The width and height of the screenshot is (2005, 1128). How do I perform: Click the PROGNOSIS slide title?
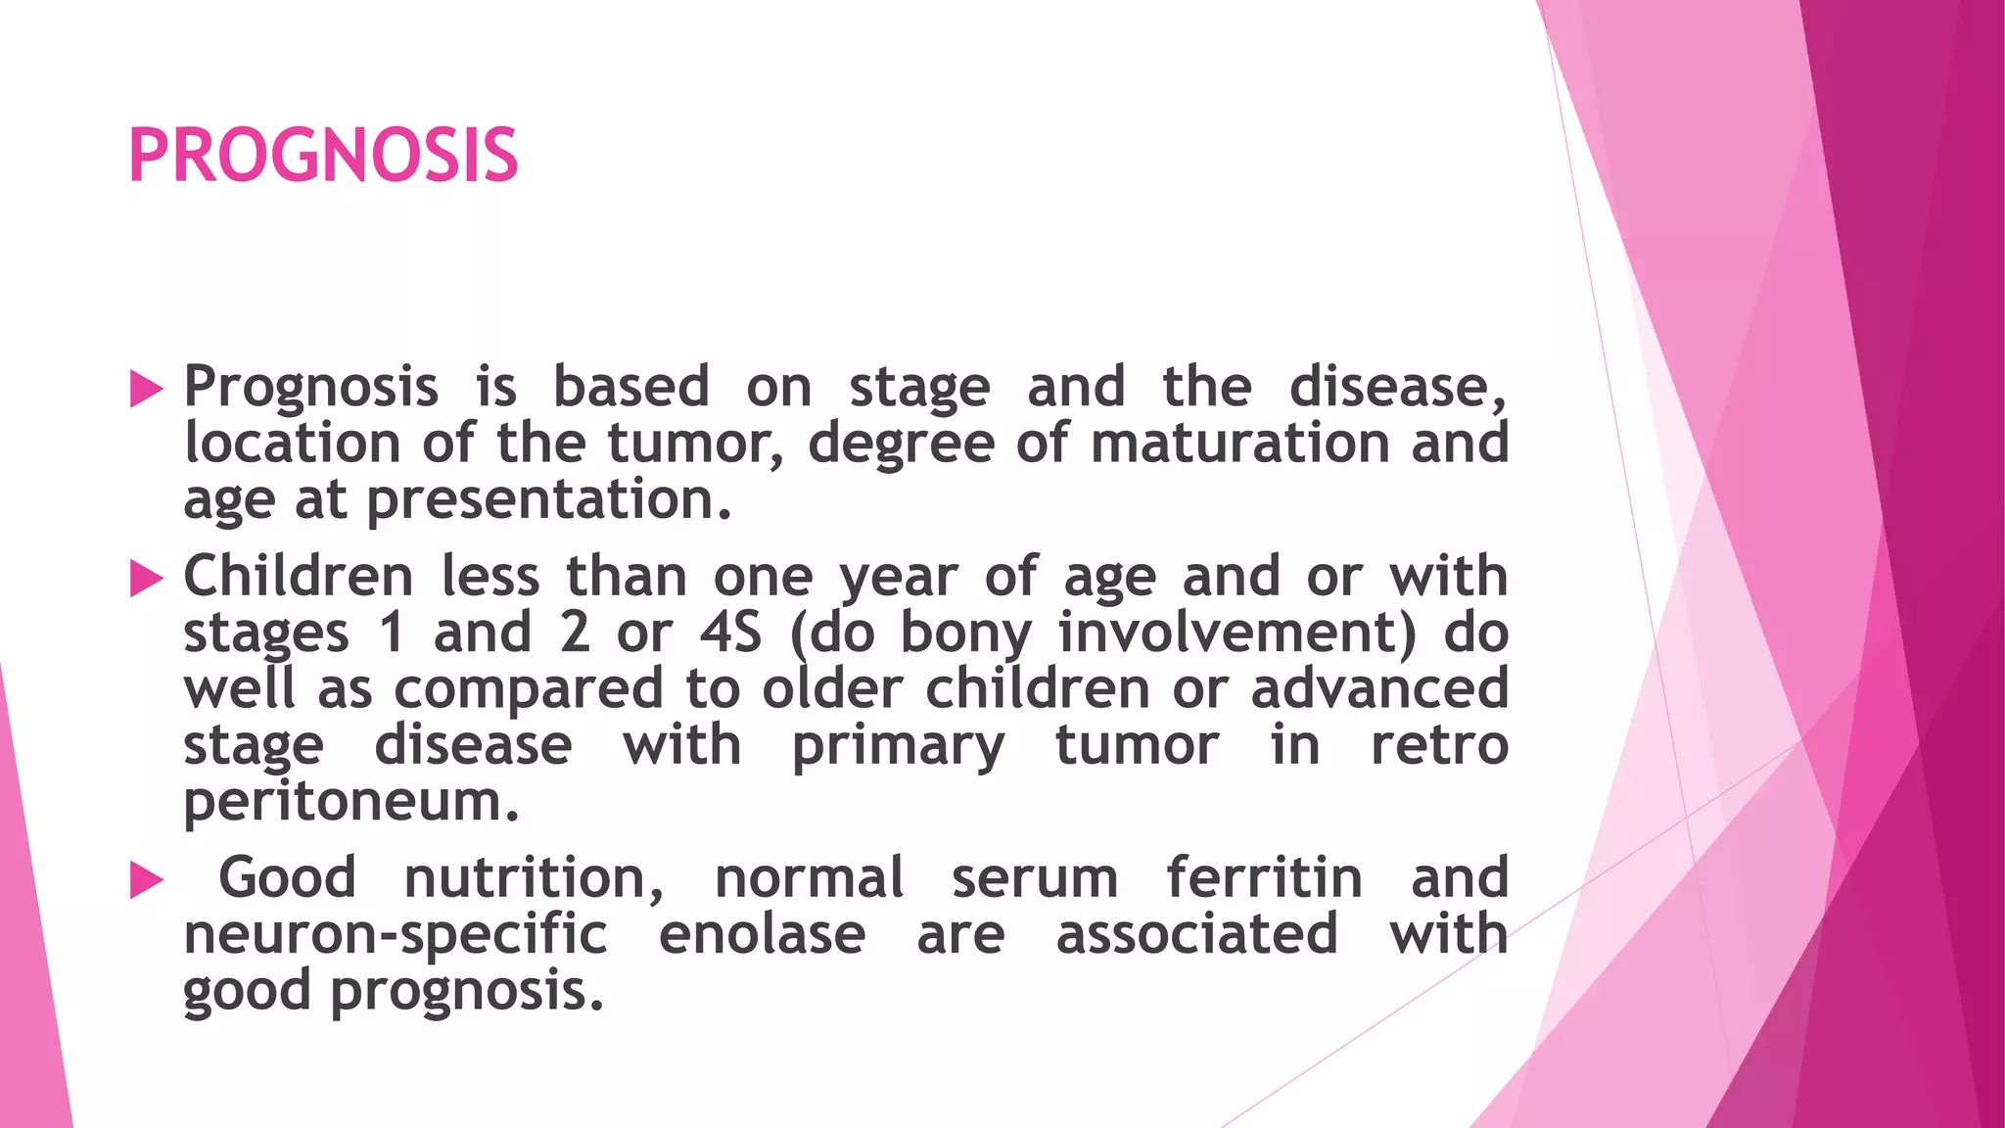coord(323,156)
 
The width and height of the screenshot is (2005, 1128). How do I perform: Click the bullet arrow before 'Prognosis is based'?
coord(146,389)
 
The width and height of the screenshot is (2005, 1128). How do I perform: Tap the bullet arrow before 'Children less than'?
coord(146,579)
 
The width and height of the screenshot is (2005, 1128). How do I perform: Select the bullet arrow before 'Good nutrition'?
coord(146,880)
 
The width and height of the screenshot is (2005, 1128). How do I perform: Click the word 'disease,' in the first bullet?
coord(1397,388)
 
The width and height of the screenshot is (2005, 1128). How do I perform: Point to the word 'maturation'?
coord(1239,444)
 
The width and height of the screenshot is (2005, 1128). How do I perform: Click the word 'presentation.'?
coord(549,500)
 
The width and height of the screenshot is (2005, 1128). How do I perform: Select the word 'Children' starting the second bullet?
coord(298,576)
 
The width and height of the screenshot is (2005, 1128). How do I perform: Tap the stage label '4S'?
coord(730,633)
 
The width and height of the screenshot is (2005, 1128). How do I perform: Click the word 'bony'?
coord(965,634)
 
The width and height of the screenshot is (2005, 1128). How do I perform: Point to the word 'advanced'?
coord(1379,688)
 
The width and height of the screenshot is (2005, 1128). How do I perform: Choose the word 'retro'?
coord(1439,746)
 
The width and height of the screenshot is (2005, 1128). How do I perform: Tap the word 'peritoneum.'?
coord(350,804)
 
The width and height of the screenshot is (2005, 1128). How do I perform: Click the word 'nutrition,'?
coord(534,878)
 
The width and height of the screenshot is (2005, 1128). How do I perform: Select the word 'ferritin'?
coord(1264,877)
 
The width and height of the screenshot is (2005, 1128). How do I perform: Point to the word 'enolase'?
coord(762,934)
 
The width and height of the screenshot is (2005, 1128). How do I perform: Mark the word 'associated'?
coord(1196,934)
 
